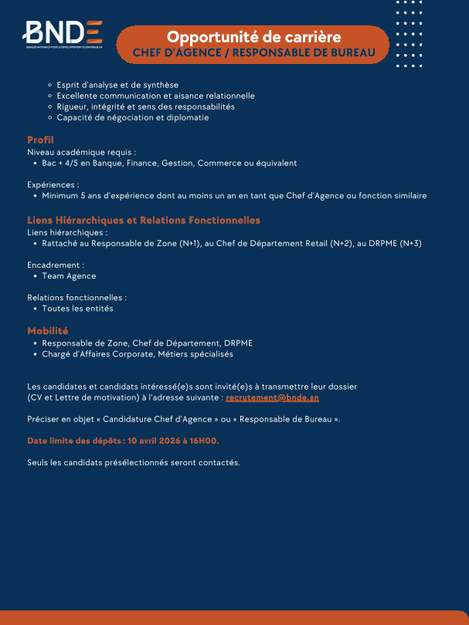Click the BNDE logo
(63, 32)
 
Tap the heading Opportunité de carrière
(254, 36)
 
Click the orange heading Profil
(40, 140)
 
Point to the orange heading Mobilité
(48, 331)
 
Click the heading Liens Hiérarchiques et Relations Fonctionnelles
(144, 221)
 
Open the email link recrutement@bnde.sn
(272, 397)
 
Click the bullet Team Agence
(69, 276)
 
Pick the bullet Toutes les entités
(77, 309)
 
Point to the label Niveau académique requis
(81, 152)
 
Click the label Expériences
(53, 185)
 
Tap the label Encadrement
(55, 265)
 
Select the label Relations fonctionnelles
(76, 297)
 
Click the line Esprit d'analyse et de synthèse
(117, 85)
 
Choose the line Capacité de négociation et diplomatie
(133, 118)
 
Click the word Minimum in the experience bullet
(62, 196)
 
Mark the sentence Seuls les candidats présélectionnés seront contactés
(134, 463)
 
